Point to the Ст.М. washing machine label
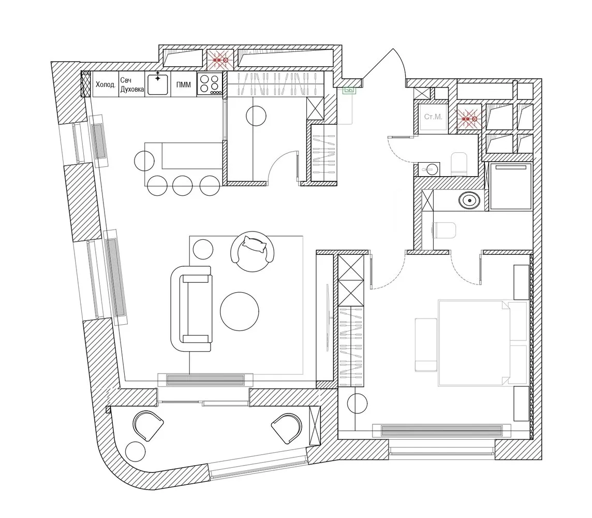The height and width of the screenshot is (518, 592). coord(433,117)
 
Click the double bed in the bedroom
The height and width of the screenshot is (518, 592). coord(473,342)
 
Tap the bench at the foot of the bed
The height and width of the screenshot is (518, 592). coord(426,345)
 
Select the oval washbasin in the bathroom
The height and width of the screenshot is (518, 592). coord(470,199)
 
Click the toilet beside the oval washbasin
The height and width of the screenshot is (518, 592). coord(442,229)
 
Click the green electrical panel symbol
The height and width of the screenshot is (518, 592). coord(350,90)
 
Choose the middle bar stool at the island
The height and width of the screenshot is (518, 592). coord(183,185)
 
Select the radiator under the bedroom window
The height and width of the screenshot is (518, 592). coord(441,430)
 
